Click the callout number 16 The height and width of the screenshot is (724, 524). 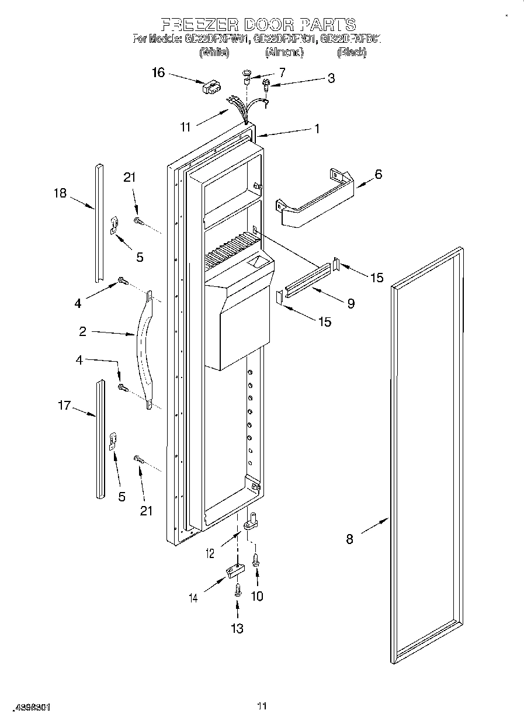pyautogui.click(x=158, y=72)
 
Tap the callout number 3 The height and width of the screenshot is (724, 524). pyautogui.click(x=331, y=78)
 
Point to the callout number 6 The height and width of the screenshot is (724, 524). pyautogui.click(x=379, y=174)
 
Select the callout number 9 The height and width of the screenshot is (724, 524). pyautogui.click(x=351, y=303)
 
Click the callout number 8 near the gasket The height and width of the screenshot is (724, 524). pyautogui.click(x=349, y=539)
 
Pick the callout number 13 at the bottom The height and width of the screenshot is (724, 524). pyautogui.click(x=237, y=629)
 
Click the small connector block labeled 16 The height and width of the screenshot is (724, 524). pyautogui.click(x=210, y=88)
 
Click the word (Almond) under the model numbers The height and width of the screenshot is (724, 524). pyautogui.click(x=284, y=53)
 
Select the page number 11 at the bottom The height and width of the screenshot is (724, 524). pyautogui.click(x=262, y=706)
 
